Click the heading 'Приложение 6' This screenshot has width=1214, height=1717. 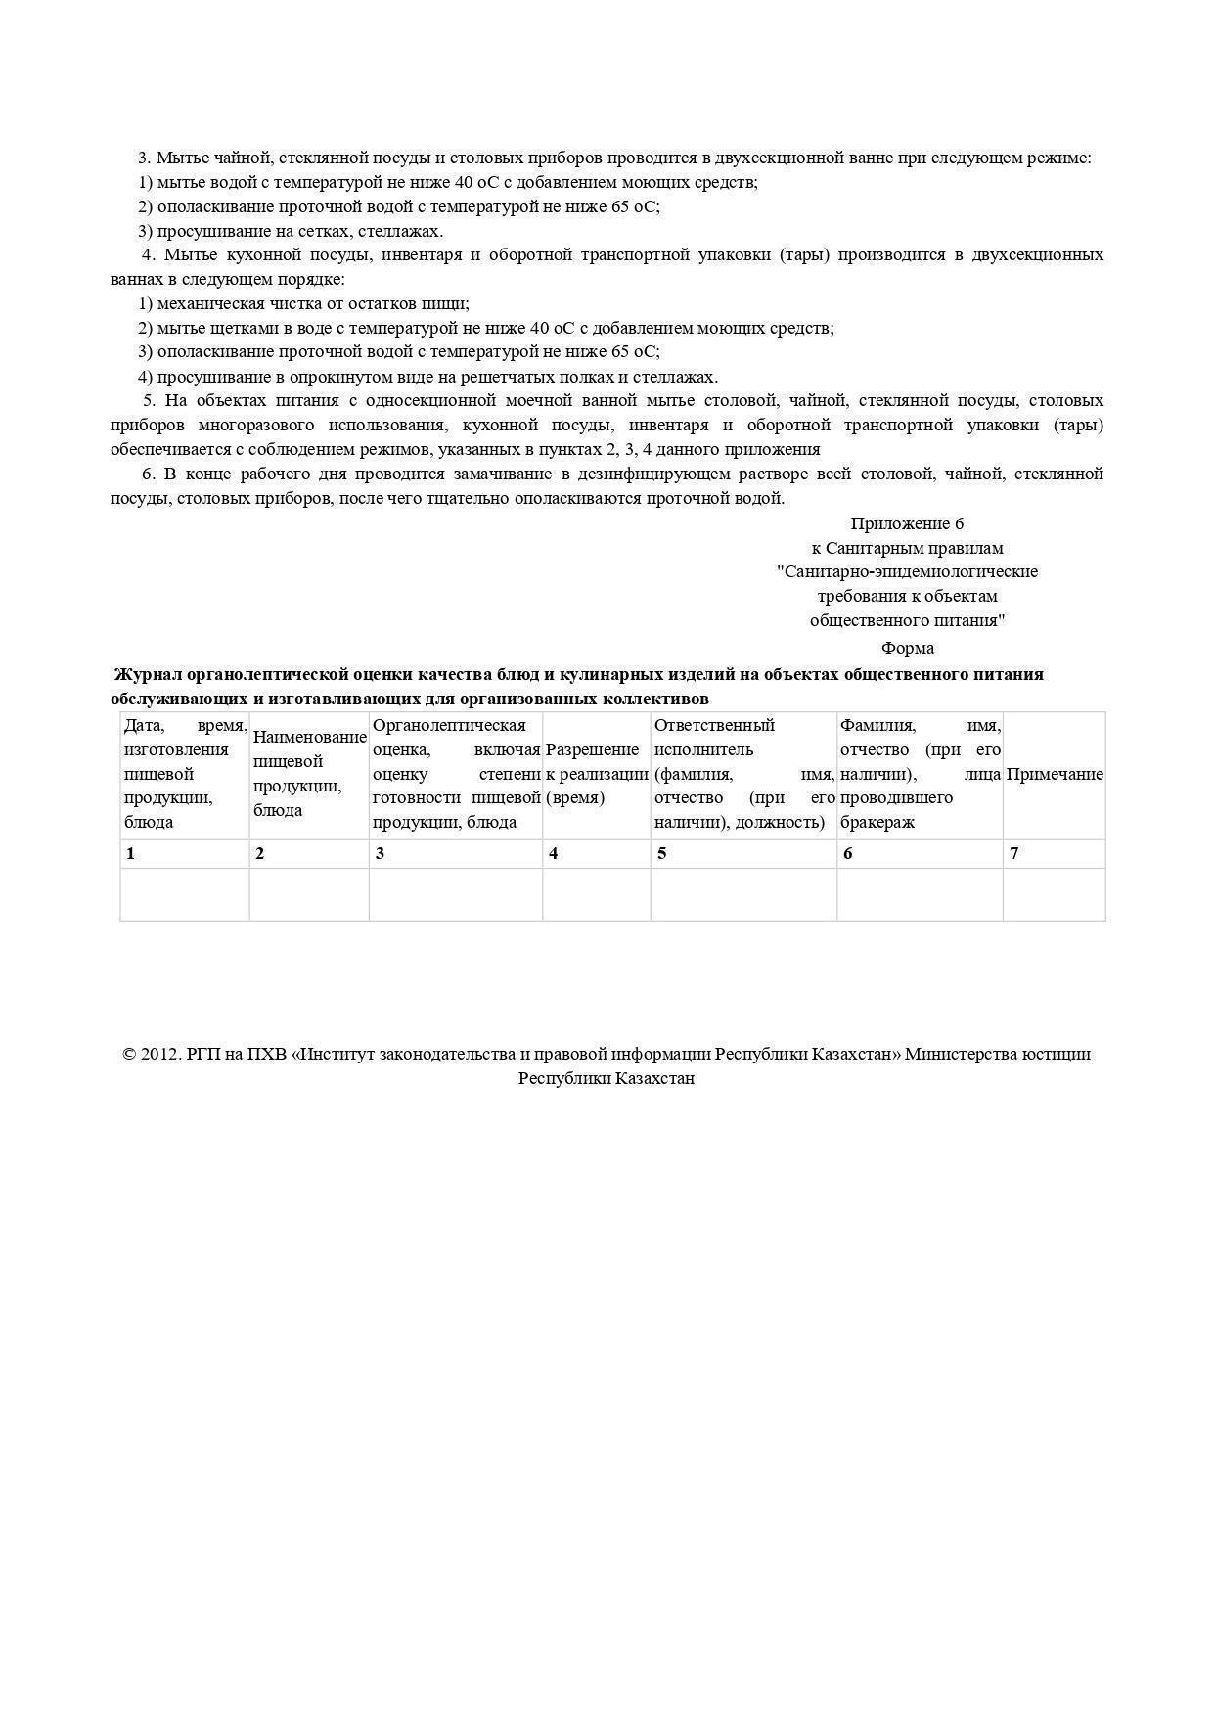[x=907, y=523]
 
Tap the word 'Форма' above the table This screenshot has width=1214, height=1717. [x=907, y=648]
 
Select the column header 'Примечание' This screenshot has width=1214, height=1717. [x=1055, y=774]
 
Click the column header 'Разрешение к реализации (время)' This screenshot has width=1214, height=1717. [x=597, y=774]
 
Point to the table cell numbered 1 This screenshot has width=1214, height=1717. [x=185, y=853]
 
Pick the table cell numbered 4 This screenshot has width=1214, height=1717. [x=597, y=853]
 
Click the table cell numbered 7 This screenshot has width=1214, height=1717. [x=1055, y=853]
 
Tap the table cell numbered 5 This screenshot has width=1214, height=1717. [x=743, y=853]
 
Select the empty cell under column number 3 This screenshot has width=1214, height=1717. [x=456, y=894]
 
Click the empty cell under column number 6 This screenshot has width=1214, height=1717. [x=920, y=894]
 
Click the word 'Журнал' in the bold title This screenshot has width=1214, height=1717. [x=149, y=674]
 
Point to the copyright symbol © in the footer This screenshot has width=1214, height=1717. [x=129, y=1055]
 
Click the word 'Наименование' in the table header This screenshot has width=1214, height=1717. [x=309, y=738]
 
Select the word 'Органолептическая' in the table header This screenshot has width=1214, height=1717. [x=449, y=725]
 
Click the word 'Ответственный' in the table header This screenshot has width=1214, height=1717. [x=714, y=725]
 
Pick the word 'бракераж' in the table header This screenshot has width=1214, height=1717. [x=877, y=822]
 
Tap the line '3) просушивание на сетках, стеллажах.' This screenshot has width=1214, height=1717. [x=291, y=231]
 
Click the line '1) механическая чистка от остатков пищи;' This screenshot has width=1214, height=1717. [x=303, y=303]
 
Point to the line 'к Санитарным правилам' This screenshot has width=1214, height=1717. [x=907, y=548]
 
